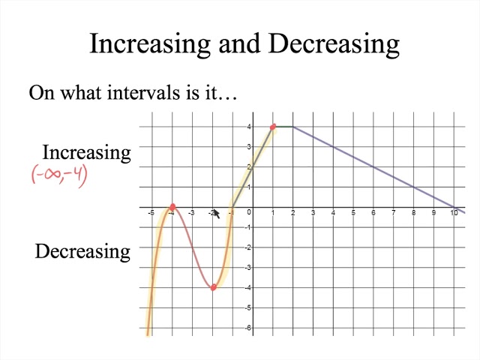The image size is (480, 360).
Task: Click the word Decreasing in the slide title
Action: pyautogui.click(x=333, y=43)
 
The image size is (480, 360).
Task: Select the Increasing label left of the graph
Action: pyautogui.click(x=86, y=152)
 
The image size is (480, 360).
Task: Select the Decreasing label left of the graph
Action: pyautogui.click(x=82, y=251)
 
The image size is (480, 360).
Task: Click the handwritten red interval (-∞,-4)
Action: pyautogui.click(x=59, y=175)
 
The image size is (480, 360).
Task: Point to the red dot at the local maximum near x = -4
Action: pyautogui.click(x=172, y=207)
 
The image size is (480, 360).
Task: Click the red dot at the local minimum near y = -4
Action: pyautogui.click(x=213, y=287)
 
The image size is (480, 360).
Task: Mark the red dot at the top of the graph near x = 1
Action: pyautogui.click(x=273, y=127)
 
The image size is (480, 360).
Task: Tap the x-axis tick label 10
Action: pyautogui.click(x=454, y=214)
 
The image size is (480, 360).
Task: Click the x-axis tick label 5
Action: pyautogui.click(x=353, y=214)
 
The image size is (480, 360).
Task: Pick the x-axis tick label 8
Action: pyautogui.click(x=413, y=214)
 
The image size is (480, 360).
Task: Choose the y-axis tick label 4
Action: pyautogui.click(x=248, y=127)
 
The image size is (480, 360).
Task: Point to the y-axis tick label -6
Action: pyautogui.click(x=247, y=328)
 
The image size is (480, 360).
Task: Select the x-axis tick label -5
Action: pyautogui.click(x=151, y=214)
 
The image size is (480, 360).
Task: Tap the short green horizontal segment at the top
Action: pyautogui.click(x=283, y=127)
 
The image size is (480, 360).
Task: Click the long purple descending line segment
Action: pyautogui.click(x=375, y=167)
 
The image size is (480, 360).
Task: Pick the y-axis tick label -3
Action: pyautogui.click(x=247, y=268)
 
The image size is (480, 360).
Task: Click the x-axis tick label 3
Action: pyautogui.click(x=313, y=214)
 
